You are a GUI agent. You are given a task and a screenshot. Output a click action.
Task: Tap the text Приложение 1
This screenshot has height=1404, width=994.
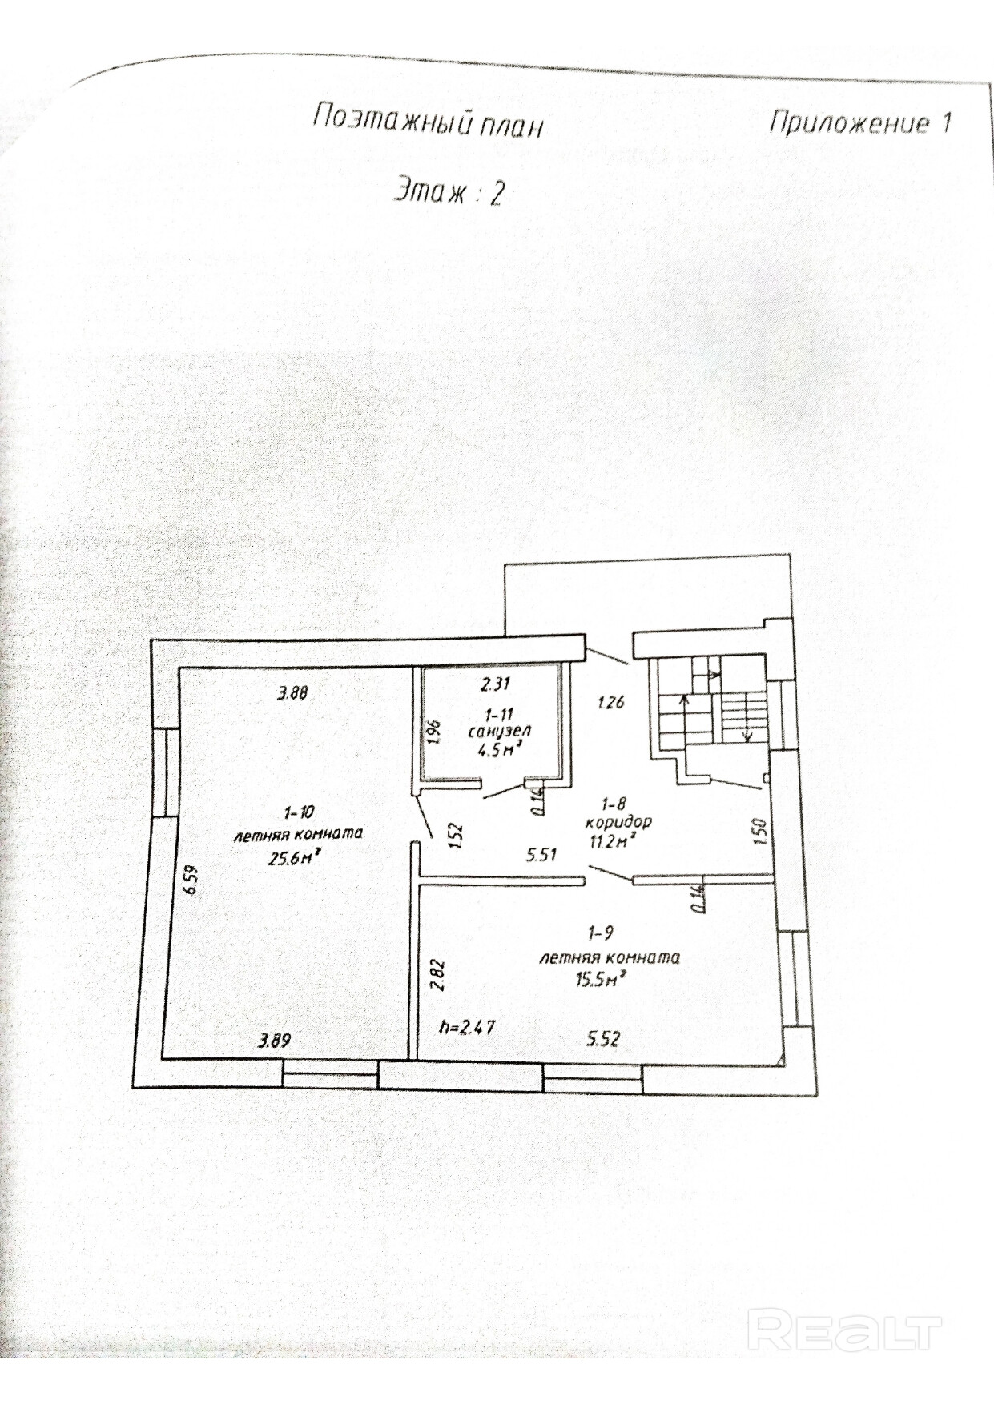tap(860, 123)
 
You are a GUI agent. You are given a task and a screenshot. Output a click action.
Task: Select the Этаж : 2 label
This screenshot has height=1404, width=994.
tap(448, 193)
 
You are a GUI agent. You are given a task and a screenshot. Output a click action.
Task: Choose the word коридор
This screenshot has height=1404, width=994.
tap(618, 822)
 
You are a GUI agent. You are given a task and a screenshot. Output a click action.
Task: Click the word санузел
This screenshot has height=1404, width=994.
tap(500, 731)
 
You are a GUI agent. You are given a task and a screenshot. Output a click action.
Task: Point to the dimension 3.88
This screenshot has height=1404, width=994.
tap(292, 694)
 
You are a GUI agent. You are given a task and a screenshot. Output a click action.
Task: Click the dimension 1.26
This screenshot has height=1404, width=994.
tap(611, 704)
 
